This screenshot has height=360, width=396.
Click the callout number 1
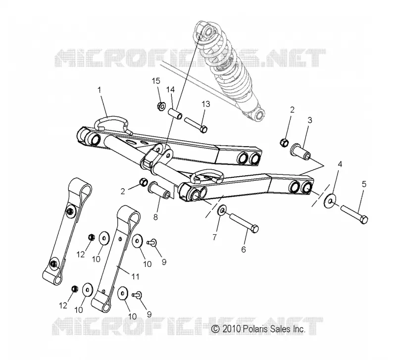[x=99, y=90]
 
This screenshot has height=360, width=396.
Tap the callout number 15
[x=156, y=81]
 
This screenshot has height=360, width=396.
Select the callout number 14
[x=170, y=90]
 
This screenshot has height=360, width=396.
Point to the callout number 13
[x=206, y=104]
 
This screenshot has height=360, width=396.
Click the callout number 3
[x=310, y=120]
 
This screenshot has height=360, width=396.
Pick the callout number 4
[x=340, y=164]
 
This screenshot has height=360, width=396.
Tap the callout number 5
[x=364, y=184]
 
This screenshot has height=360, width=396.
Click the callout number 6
[x=244, y=250]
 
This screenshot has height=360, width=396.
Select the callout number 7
[x=214, y=237]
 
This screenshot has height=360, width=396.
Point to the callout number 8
[x=155, y=217]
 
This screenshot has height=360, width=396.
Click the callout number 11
[x=136, y=277]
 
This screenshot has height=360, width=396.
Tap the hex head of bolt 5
[x=364, y=219]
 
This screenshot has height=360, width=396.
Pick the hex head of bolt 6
[x=254, y=228]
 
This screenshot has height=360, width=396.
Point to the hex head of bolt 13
[x=204, y=129]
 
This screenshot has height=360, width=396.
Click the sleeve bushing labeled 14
[x=175, y=114]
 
